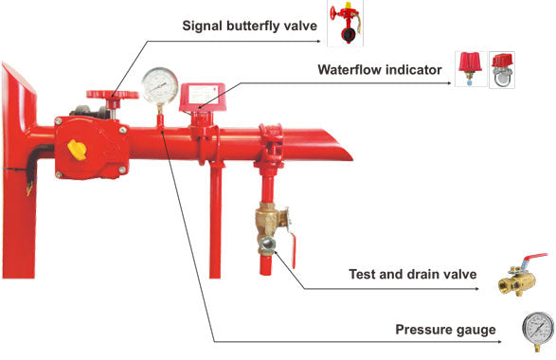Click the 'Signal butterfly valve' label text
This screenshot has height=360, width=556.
click(x=250, y=26)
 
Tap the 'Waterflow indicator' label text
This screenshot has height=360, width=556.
click(x=380, y=69)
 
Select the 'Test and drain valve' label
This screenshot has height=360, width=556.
click(x=413, y=274)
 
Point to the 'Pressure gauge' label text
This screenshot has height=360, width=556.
click(x=445, y=330)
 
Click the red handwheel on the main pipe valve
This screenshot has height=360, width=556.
click(x=113, y=95)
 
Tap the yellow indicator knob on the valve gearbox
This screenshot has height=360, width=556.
click(x=77, y=150)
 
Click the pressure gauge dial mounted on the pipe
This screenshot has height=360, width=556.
click(x=160, y=85)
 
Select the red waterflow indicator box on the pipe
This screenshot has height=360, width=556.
click(x=202, y=98)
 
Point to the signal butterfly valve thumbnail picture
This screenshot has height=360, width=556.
click(x=345, y=24)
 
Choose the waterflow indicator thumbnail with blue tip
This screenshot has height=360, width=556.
click(x=470, y=69)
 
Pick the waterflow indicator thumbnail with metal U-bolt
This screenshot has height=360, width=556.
click(x=502, y=69)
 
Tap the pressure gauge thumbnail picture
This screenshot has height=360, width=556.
click(x=538, y=332)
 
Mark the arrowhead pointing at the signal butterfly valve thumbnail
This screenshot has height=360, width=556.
click(x=318, y=41)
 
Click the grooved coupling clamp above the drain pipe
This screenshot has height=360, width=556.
click(x=271, y=143)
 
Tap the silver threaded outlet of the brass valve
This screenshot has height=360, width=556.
click(x=266, y=244)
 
